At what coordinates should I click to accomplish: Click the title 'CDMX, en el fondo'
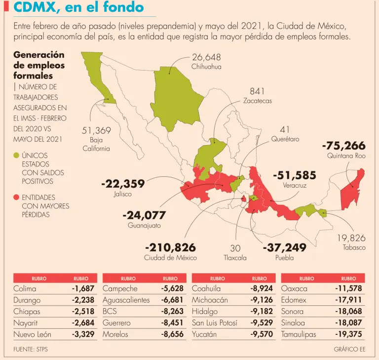click(x=79, y=7)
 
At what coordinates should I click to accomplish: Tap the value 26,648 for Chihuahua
click(x=206, y=57)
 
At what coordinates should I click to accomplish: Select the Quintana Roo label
click(x=346, y=156)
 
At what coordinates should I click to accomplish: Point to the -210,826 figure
click(x=170, y=247)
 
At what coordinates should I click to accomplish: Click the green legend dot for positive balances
click(x=16, y=156)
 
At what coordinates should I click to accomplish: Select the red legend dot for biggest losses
click(x=16, y=198)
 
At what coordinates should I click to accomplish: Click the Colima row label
click(x=25, y=288)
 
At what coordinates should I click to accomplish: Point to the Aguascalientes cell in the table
click(x=126, y=300)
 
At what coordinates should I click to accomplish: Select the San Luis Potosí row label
click(x=215, y=323)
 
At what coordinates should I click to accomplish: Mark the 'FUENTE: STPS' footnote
click(x=31, y=350)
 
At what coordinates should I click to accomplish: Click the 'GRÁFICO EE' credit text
click(x=349, y=350)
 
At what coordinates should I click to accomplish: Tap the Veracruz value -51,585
click(x=294, y=175)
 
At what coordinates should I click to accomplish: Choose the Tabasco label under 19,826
click(x=354, y=247)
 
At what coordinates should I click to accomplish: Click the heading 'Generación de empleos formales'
click(x=39, y=65)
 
